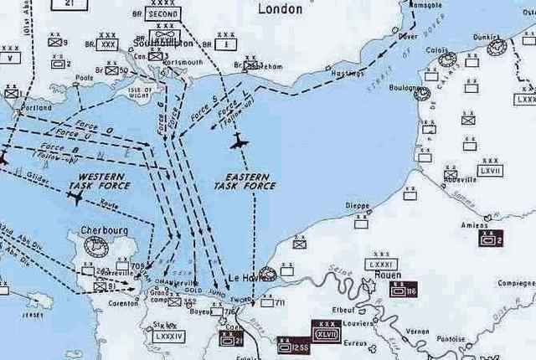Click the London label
click(279, 9)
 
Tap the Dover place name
click(408, 37)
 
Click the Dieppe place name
click(358, 205)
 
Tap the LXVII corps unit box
click(491, 170)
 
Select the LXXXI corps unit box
click(381, 264)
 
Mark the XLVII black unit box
click(326, 331)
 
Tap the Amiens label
click(474, 226)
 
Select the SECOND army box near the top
click(162, 14)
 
